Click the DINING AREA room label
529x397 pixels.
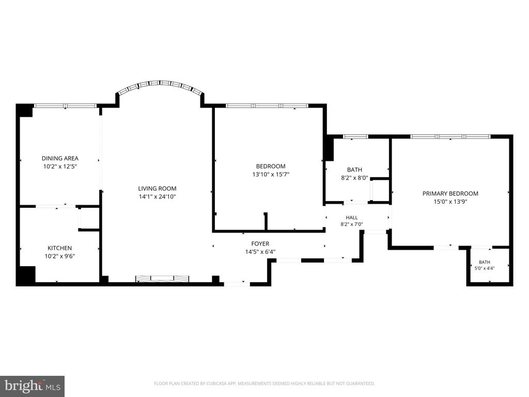pyautogui.click(x=60, y=158)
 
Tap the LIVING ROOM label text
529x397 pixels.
pyautogui.click(x=157, y=188)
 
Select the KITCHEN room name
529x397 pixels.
pyautogui.click(x=60, y=248)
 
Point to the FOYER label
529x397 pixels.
pyautogui.click(x=260, y=243)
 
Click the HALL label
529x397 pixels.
pyautogui.click(x=351, y=218)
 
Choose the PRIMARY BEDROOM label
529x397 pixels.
pyautogui.click(x=450, y=193)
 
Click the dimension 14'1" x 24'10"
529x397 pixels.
pyautogui.click(x=157, y=197)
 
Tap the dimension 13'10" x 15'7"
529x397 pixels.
pyautogui.click(x=271, y=175)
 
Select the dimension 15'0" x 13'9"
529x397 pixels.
pyautogui.click(x=450, y=202)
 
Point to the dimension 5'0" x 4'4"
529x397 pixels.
pyautogui.click(x=485, y=268)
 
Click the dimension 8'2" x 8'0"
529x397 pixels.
pyautogui.click(x=354, y=178)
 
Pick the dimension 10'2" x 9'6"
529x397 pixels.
pyautogui.click(x=60, y=256)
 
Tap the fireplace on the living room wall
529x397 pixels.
pyautogui.click(x=162, y=279)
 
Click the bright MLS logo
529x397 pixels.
pyautogui.click(x=33, y=386)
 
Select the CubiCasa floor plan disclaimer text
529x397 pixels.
pyautogui.click(x=264, y=384)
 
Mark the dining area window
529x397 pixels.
pyautogui.click(x=66, y=105)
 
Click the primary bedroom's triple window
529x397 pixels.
pyautogui.click(x=450, y=136)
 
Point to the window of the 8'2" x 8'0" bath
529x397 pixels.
pyautogui.click(x=355, y=136)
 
